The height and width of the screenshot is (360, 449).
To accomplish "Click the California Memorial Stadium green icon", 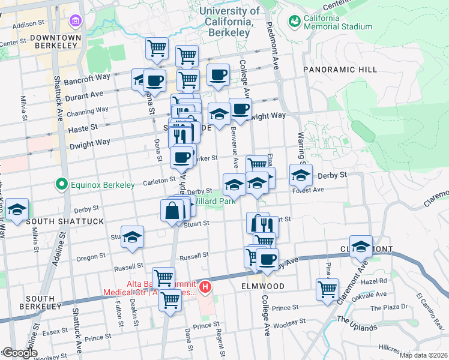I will pos(295,22).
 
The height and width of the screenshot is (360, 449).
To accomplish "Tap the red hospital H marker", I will pos(205,288).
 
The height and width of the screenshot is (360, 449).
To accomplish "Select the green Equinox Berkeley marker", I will pos(60,184).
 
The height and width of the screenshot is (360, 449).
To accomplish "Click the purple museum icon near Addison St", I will pos(76,22).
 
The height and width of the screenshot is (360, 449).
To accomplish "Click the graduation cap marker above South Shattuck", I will pos(17,209).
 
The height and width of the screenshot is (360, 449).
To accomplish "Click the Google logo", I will pos(19,353).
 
